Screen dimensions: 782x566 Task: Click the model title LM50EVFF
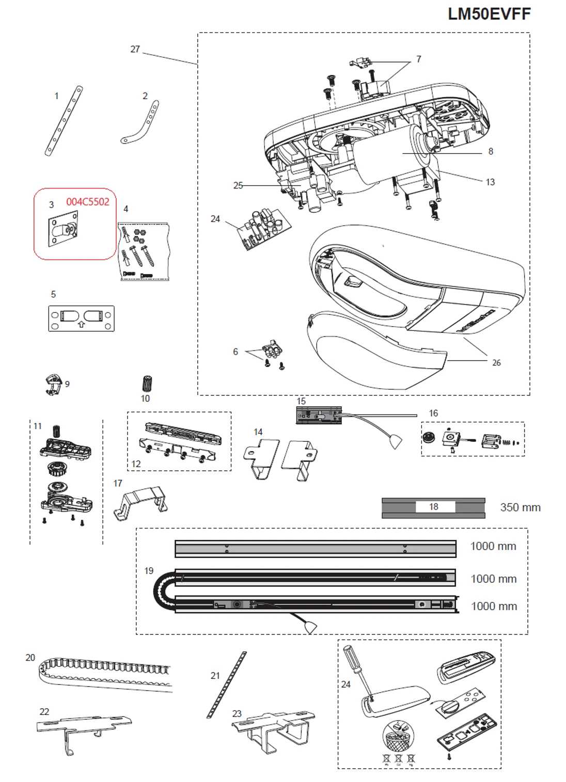pos(489,14)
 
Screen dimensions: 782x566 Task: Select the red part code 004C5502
pos(88,202)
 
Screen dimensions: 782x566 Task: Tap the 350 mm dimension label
pos(520,507)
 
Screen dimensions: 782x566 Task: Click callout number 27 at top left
pos(135,50)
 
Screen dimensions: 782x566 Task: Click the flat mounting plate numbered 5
pos(81,318)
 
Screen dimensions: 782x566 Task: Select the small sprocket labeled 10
pos(147,384)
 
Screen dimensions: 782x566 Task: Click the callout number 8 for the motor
pos(491,151)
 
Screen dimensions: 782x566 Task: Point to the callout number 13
pos(490,182)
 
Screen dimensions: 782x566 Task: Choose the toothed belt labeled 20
pos(106,674)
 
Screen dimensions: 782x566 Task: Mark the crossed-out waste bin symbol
pos(399,735)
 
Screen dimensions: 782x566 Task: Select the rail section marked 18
pos(433,507)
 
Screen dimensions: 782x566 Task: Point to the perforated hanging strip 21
pos(227,684)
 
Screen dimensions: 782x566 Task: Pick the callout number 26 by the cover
pos(496,363)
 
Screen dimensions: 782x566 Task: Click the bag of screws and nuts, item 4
pos(144,251)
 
